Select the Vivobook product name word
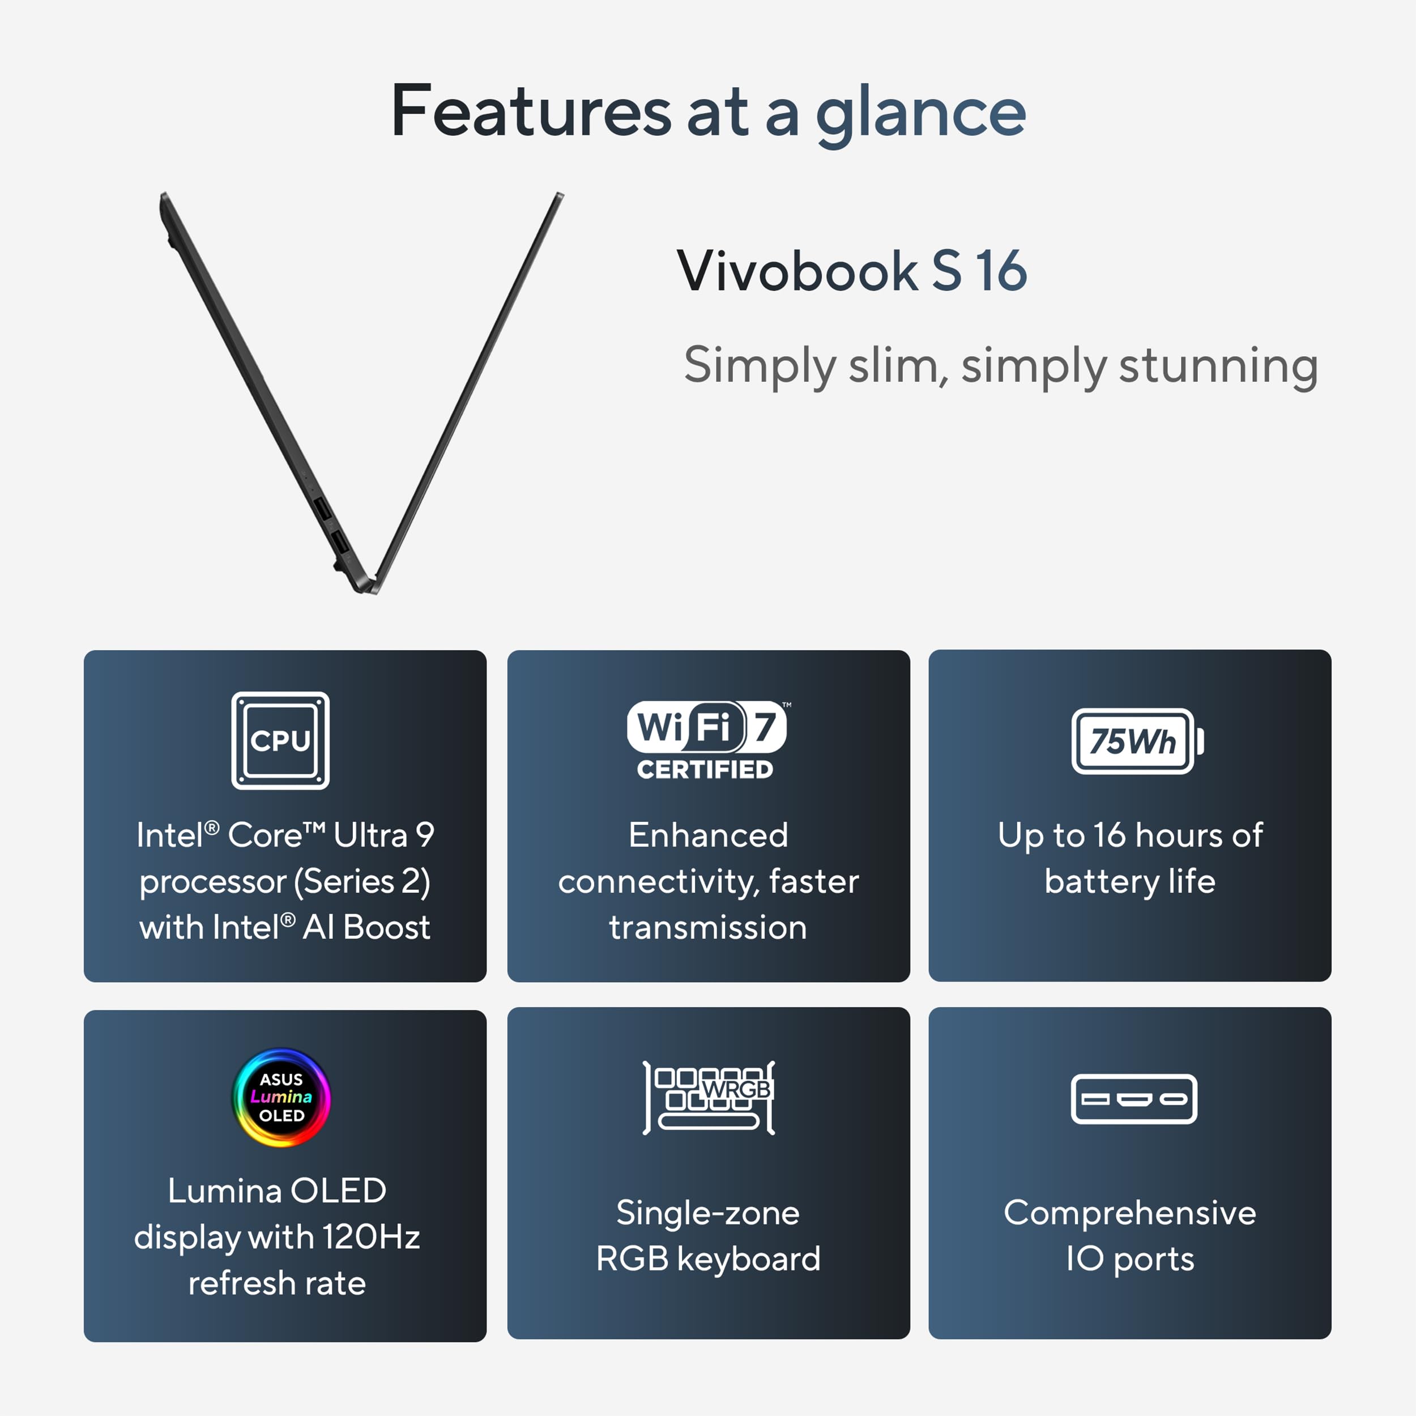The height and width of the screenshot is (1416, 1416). tap(797, 271)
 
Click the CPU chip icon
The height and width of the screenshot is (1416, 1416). tap(281, 740)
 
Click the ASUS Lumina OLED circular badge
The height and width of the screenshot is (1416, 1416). tap(282, 1097)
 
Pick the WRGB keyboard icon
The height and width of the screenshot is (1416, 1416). tap(709, 1097)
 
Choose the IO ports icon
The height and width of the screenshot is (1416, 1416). tap(1134, 1099)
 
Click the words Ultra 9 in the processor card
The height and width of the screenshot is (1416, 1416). tap(384, 835)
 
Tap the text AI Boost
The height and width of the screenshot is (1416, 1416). tap(366, 927)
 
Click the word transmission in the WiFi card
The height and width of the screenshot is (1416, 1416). tap(708, 927)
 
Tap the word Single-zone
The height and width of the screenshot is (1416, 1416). tap(708, 1213)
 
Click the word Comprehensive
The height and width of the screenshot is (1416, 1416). tap(1129, 1213)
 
